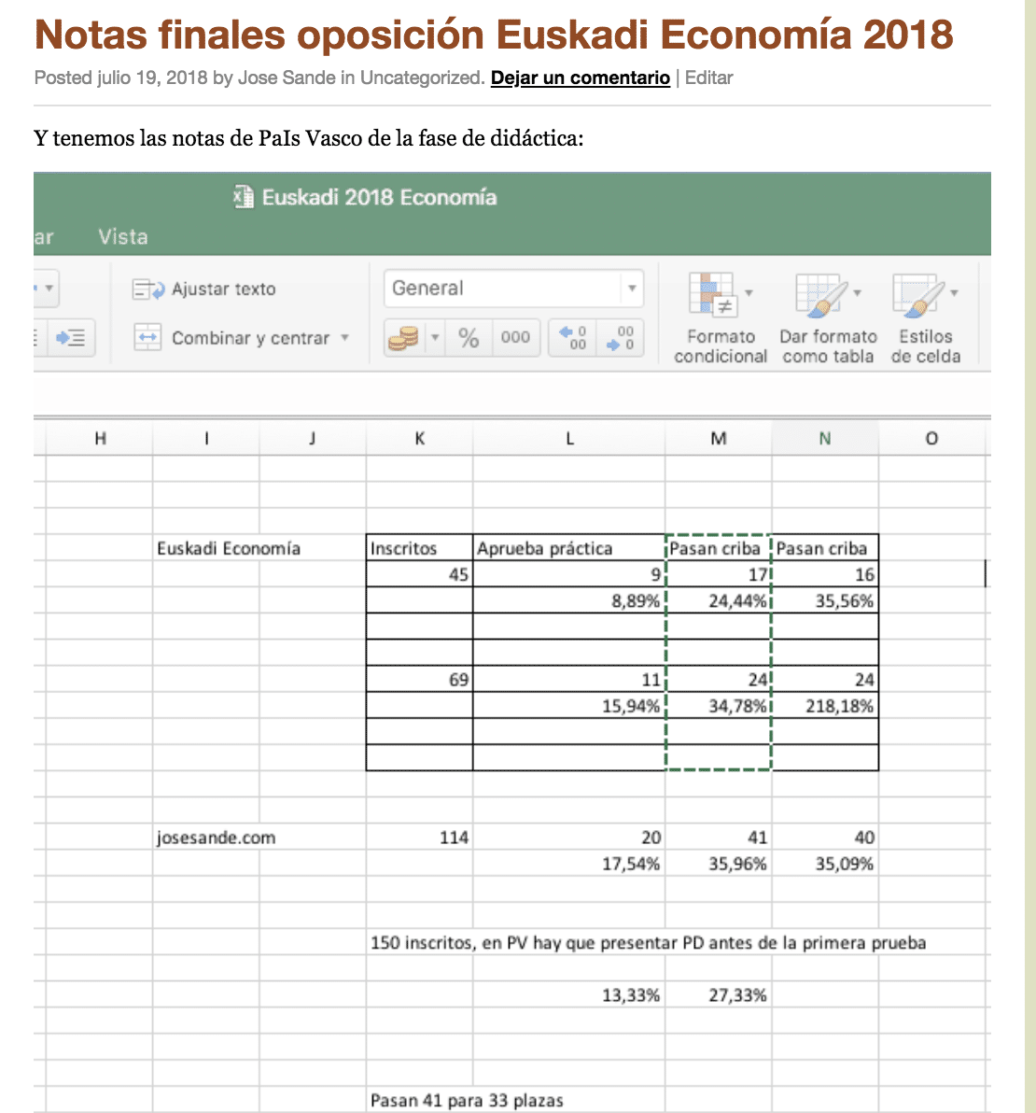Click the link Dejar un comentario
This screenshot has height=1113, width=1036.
point(580,78)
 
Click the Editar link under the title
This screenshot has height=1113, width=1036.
point(708,78)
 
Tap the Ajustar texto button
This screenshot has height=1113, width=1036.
point(204,289)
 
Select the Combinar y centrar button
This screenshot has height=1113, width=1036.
point(242,338)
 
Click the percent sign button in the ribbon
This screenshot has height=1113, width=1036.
point(469,338)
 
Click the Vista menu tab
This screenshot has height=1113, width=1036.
point(123,237)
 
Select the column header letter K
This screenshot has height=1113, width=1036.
point(420,438)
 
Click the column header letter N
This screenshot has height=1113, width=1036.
point(824,438)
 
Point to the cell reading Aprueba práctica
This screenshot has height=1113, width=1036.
point(545,549)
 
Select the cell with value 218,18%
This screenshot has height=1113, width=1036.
point(839,706)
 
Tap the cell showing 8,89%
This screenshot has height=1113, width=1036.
point(636,601)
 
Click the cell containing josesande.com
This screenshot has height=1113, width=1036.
point(216,838)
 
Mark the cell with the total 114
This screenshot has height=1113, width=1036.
point(454,838)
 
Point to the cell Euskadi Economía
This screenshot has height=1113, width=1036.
point(229,549)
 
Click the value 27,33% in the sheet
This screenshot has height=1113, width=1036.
point(737,995)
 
